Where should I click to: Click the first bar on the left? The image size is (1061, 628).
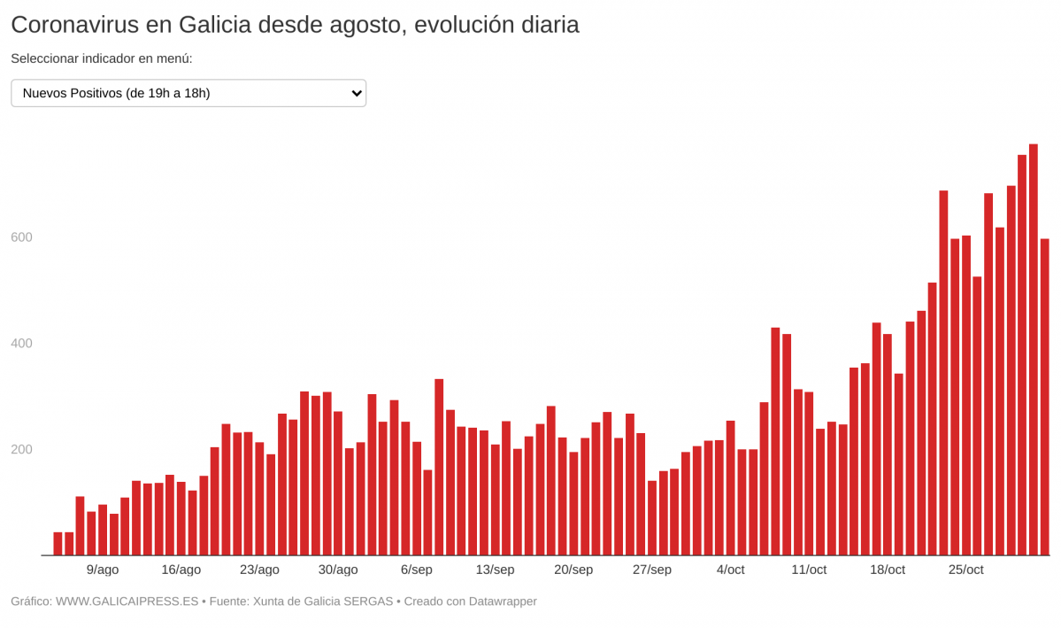pos(58,544)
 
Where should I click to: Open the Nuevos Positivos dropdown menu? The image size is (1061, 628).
pos(188,93)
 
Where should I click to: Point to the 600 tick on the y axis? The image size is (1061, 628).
pos(21,237)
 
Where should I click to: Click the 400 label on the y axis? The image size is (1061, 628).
pos(21,344)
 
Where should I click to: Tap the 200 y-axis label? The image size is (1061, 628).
pos(21,450)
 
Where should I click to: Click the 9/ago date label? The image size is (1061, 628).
pos(103,570)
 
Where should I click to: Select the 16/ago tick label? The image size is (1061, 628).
pos(181,570)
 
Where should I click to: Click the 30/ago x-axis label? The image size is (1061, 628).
pos(338,570)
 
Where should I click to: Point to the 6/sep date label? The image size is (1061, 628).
pos(417,570)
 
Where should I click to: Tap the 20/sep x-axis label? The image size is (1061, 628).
pos(573,570)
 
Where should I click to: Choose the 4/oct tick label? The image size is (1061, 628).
pos(731,570)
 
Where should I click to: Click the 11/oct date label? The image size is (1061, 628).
pos(809,570)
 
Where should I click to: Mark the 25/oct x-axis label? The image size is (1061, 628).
pos(965,570)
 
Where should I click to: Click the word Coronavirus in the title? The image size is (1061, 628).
pos(74,25)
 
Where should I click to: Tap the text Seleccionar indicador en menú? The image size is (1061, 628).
pos(102,58)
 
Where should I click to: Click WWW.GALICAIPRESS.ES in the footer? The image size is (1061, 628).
pos(127,601)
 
